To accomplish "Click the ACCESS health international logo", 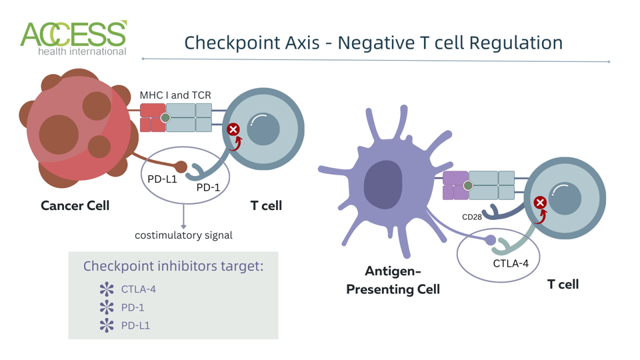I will pos(73,38).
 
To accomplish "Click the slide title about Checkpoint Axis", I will pos(373,43).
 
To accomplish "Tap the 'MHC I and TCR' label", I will pos(175,95).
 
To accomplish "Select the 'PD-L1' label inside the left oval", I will pos(162,179).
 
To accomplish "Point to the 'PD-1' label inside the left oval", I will pos(208,187).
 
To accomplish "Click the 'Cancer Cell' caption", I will pos(75,206).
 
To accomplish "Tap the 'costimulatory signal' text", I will pos(183,235).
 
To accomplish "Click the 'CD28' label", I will pos(472,217).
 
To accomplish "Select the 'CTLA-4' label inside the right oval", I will pos(511,263).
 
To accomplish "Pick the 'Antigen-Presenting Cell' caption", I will pos(393,280).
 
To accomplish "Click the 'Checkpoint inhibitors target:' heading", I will pos(173,266).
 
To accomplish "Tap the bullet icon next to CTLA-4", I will pos(107,289).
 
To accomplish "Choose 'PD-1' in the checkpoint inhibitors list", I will pos(133,307).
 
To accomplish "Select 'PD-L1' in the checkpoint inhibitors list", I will pos(135,325).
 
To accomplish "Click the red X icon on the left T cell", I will pos(233,129).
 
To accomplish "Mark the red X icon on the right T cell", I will pos(540,203).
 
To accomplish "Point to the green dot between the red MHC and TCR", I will pos(165,118).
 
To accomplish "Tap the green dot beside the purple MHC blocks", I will pos(468,185).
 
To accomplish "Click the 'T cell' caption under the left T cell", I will pos(266,206).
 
